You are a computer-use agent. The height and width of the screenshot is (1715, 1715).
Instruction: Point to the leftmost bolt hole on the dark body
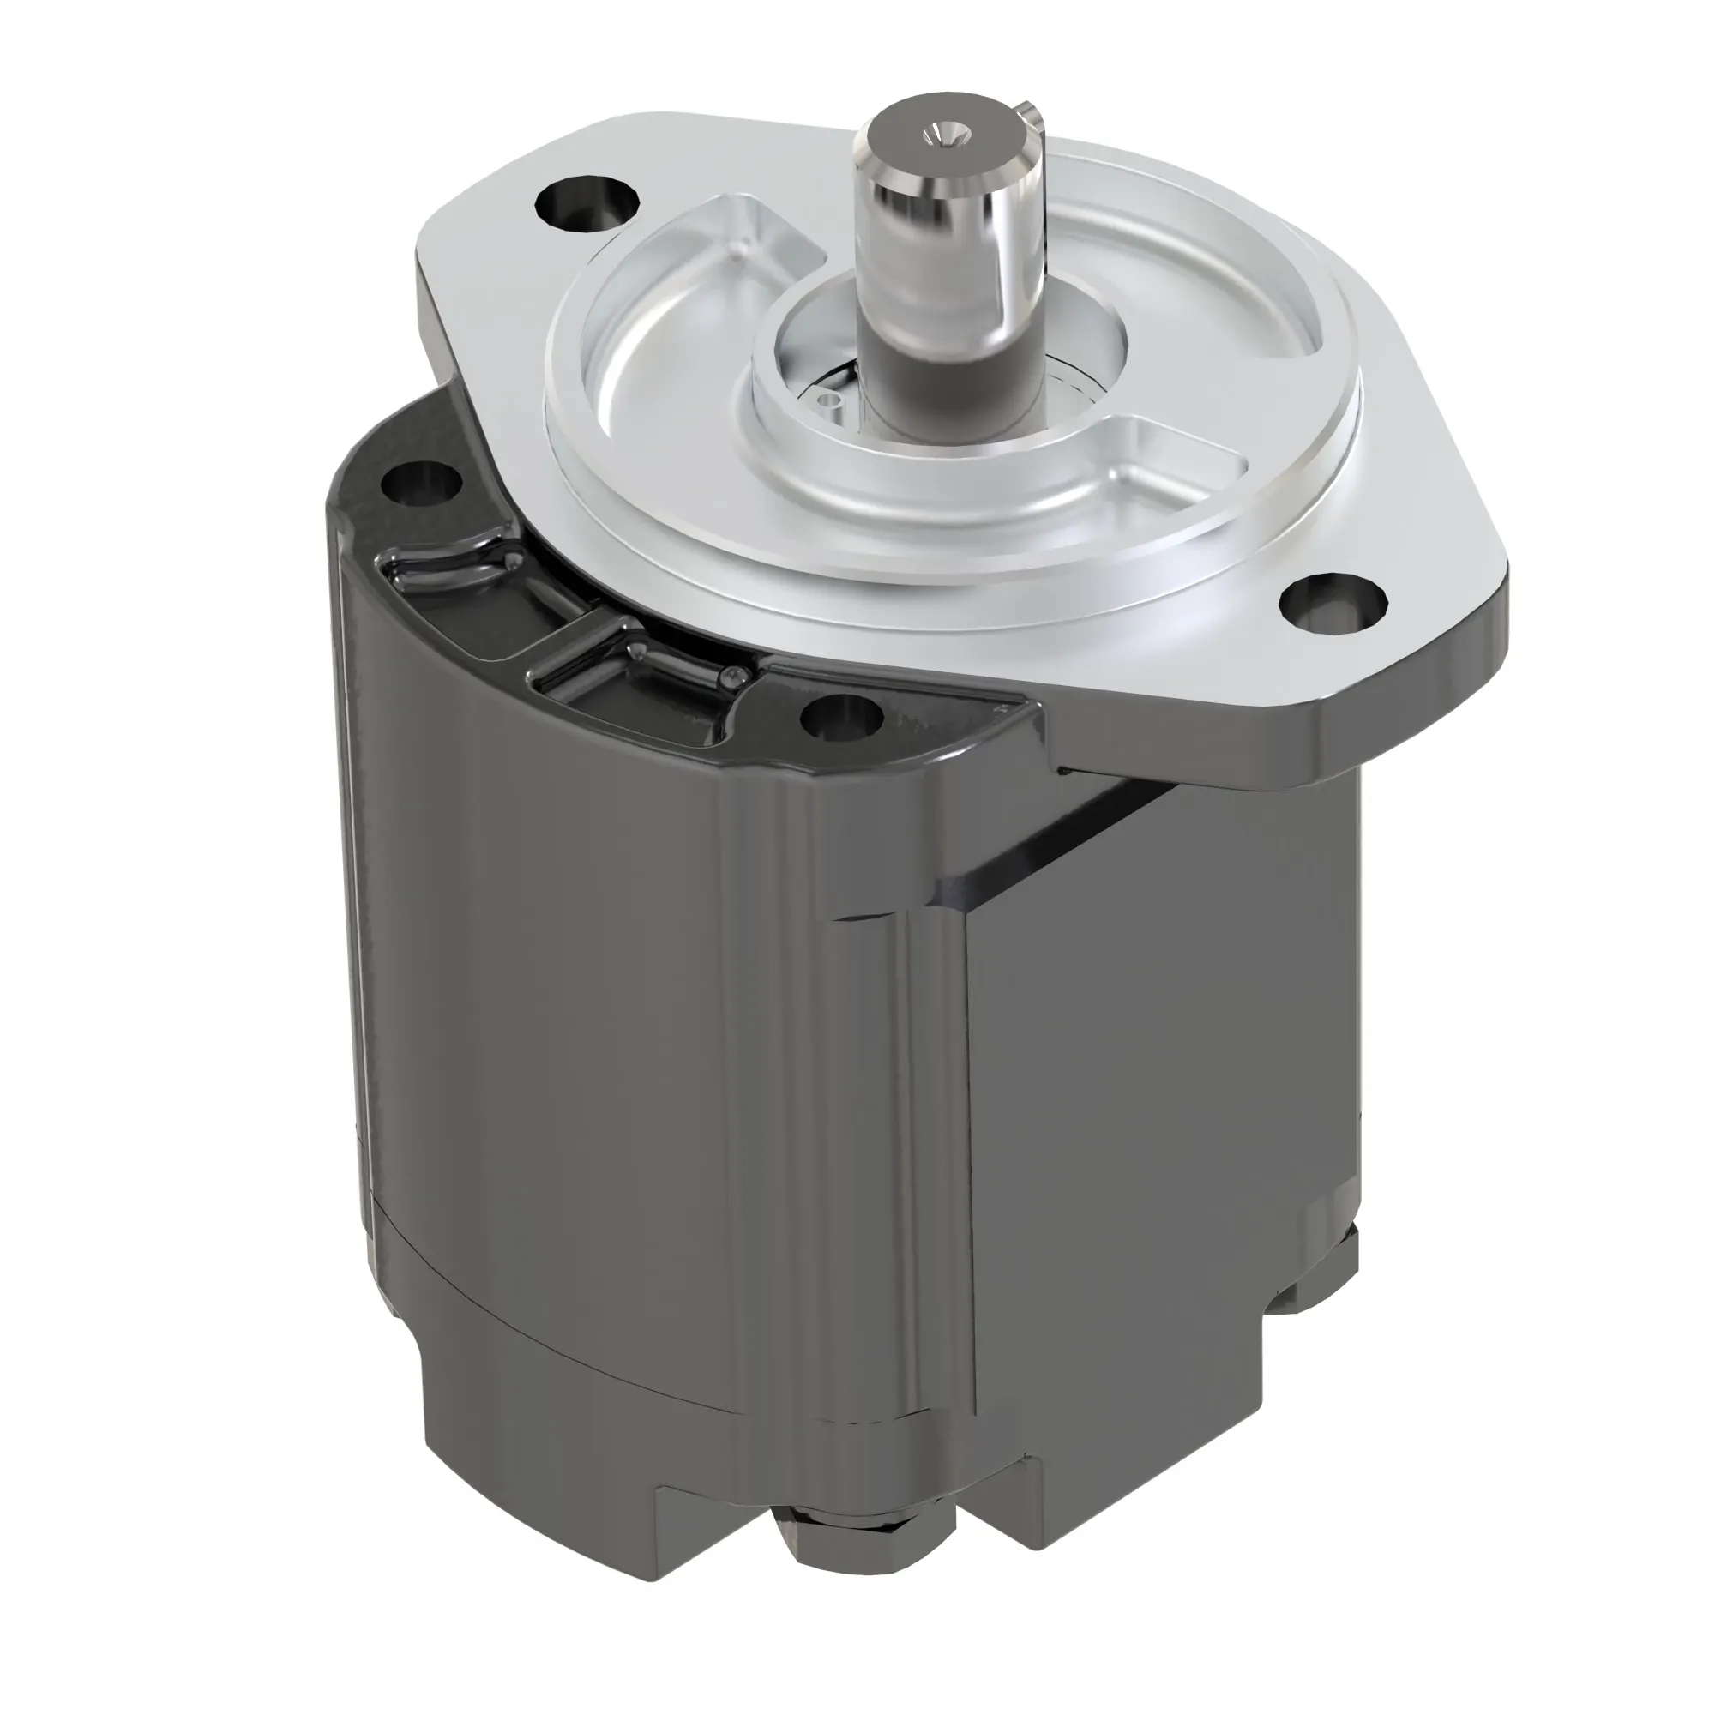coord(421,484)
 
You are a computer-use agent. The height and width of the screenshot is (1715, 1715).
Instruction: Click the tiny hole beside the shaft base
coord(830,401)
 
